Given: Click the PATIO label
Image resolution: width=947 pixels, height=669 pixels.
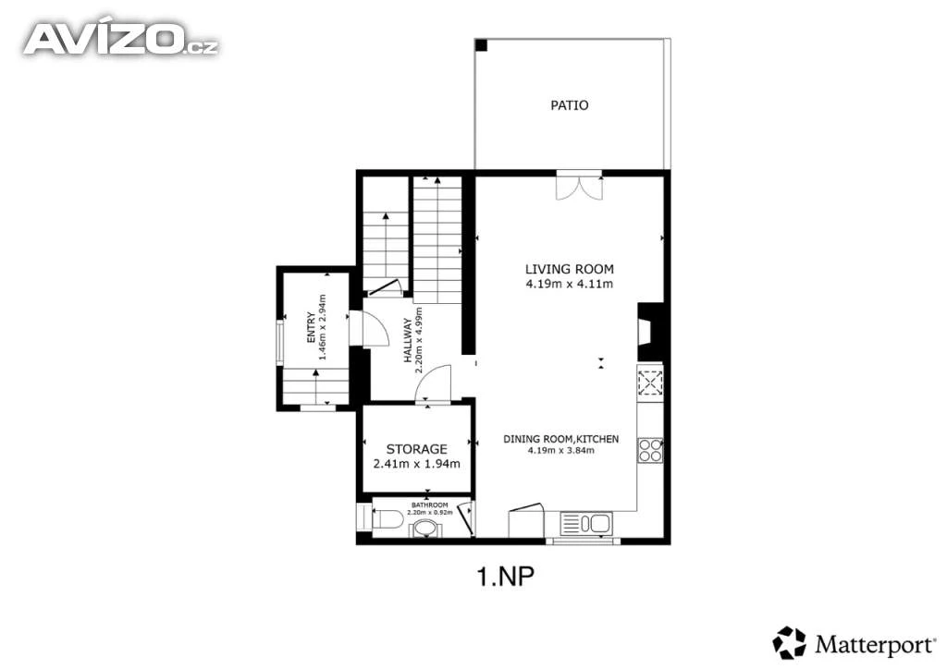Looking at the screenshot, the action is tap(569, 105).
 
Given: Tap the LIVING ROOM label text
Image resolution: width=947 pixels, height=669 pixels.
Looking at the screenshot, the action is tap(569, 270).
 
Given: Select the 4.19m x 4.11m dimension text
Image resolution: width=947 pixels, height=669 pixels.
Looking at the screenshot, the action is tap(570, 284).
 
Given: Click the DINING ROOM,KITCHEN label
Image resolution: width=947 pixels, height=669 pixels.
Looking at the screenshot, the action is tap(561, 439).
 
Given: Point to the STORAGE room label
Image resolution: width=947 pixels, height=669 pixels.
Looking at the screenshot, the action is tap(417, 449).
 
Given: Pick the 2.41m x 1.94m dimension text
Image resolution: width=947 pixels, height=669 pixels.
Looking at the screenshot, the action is tap(417, 464).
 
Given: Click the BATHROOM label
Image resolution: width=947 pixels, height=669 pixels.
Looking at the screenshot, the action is tap(429, 505).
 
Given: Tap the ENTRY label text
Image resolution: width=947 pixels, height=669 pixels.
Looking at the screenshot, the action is tap(311, 327).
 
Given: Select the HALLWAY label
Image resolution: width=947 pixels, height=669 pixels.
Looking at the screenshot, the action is tap(408, 340).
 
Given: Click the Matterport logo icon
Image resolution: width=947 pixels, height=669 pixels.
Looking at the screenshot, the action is tap(790, 643).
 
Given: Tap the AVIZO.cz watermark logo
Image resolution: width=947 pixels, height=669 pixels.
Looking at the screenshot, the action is tap(121, 40).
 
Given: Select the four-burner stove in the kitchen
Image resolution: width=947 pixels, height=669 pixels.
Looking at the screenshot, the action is tap(650, 450).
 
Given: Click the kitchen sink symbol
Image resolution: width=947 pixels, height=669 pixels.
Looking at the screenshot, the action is tap(585, 523).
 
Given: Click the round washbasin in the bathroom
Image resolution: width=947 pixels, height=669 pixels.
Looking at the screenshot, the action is tap(426, 529).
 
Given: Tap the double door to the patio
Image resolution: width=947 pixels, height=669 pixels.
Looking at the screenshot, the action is tap(579, 186).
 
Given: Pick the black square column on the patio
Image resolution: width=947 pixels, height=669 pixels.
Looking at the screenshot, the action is tap(481, 44).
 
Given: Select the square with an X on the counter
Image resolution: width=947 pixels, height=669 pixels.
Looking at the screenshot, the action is tap(650, 383).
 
